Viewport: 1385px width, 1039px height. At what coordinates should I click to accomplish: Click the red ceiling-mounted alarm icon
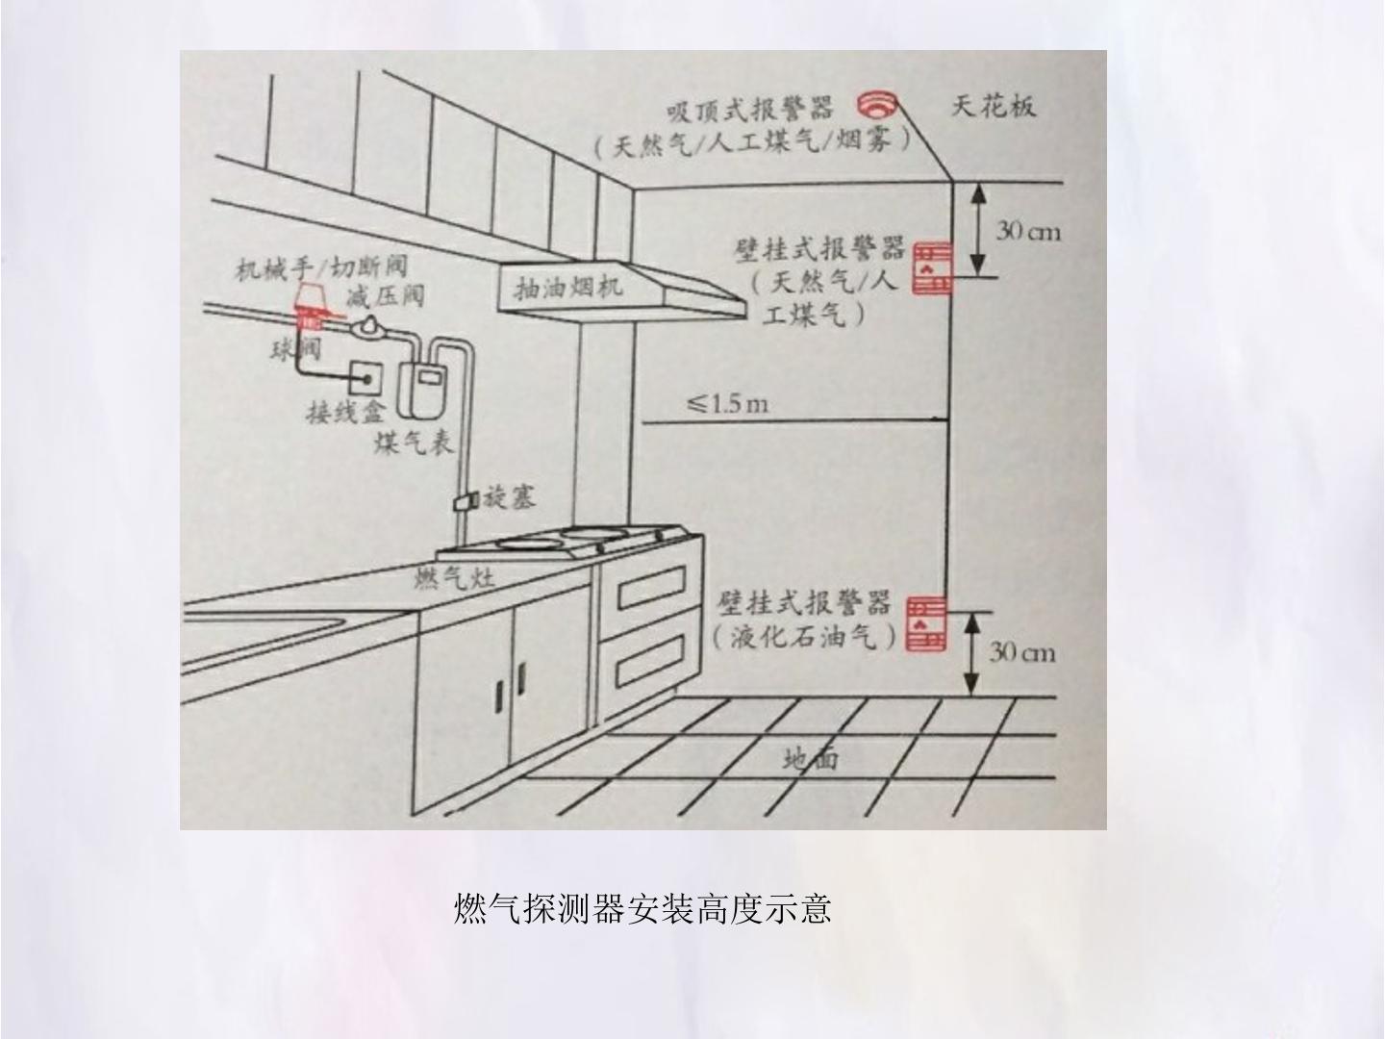point(877,105)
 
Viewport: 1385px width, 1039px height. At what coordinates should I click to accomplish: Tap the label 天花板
point(994,106)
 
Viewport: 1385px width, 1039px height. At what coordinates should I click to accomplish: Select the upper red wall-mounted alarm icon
point(932,267)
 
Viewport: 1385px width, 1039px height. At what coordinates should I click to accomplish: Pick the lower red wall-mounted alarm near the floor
point(926,623)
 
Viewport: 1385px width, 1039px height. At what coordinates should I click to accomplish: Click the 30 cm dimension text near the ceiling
point(1028,232)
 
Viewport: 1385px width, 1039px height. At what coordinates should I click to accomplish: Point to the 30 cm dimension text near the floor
point(1021,652)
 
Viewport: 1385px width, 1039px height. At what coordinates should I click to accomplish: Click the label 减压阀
point(385,296)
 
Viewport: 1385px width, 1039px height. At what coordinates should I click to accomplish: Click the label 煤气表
point(414,443)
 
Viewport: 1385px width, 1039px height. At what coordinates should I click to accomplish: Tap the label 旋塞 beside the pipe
point(509,498)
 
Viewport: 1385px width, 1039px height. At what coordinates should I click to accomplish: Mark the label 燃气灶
point(454,578)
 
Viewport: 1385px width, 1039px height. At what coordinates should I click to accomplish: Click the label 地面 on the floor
point(811,758)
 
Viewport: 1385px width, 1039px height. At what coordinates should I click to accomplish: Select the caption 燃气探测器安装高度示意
point(642,908)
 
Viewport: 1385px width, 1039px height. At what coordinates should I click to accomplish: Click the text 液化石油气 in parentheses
point(804,638)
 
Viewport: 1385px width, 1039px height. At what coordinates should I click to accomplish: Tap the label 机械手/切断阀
point(320,268)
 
